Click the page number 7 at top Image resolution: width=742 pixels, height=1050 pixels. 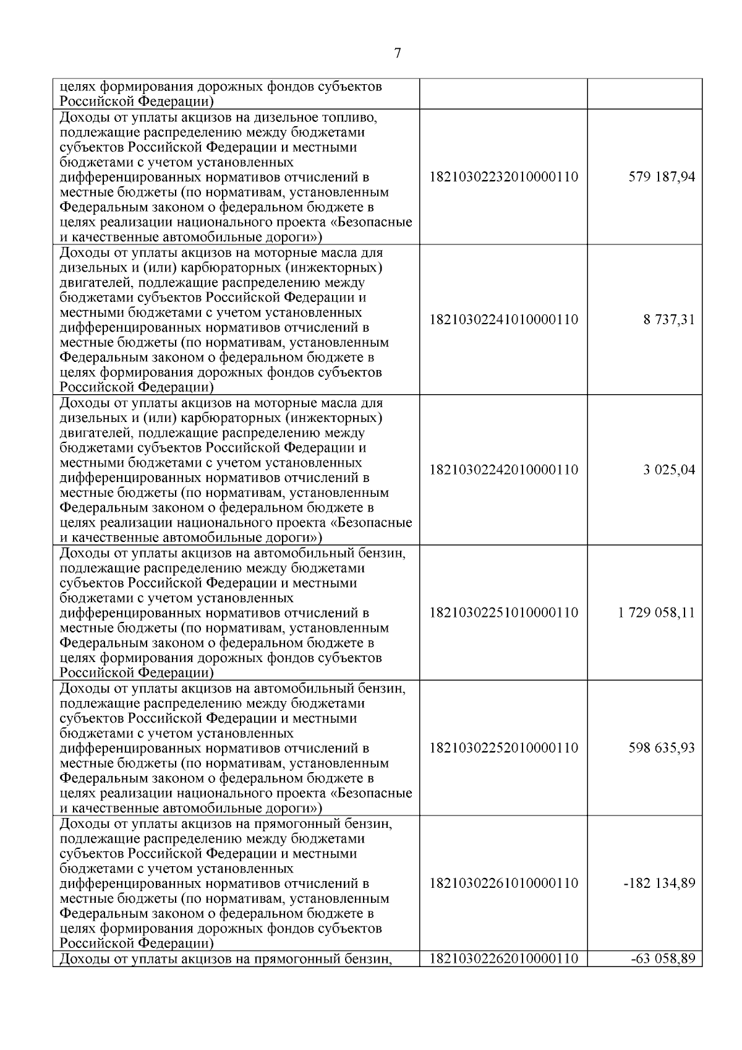click(398, 53)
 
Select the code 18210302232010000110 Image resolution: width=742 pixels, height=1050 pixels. click(503, 177)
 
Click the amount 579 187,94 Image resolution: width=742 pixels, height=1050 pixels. click(662, 177)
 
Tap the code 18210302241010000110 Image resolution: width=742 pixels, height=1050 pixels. click(503, 320)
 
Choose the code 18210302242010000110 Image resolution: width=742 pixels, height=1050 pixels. click(503, 470)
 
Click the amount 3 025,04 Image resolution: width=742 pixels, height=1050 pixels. click(669, 470)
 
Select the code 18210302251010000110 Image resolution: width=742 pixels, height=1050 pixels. click(503, 613)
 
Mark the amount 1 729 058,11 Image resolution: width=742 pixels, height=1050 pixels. click(656, 613)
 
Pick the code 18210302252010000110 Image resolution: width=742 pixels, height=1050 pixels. click(503, 748)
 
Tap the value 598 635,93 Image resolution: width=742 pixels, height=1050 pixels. click(662, 748)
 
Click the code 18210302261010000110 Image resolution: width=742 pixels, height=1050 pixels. click(503, 883)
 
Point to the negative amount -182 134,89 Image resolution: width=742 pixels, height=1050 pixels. click(659, 883)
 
